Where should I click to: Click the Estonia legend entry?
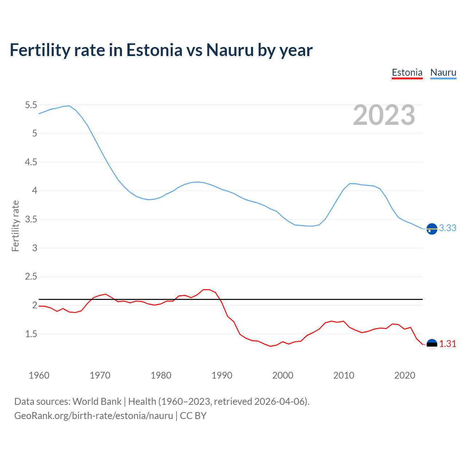pyautogui.click(x=407, y=72)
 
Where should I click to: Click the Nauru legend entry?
pyautogui.click(x=443, y=72)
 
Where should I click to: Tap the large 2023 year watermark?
pyautogui.click(x=384, y=115)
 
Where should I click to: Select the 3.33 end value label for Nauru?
pyautogui.click(x=447, y=228)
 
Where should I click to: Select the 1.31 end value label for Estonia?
pyautogui.click(x=447, y=344)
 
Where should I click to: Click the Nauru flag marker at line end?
pyautogui.click(x=432, y=229)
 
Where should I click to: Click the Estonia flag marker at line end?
pyautogui.click(x=432, y=344)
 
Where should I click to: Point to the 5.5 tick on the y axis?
pyautogui.click(x=31, y=105)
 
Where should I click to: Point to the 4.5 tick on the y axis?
pyautogui.click(x=31, y=162)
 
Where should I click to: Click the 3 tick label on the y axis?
pyautogui.click(x=35, y=248)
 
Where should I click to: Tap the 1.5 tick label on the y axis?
pyautogui.click(x=31, y=334)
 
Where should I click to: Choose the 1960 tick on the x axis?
pyautogui.click(x=39, y=375)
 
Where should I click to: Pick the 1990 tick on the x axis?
pyautogui.click(x=222, y=375)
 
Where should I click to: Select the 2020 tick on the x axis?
pyautogui.click(x=404, y=375)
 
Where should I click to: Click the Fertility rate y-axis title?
pyautogui.click(x=15, y=226)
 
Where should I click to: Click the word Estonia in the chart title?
pyautogui.click(x=154, y=50)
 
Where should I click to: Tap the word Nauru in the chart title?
pyautogui.click(x=230, y=50)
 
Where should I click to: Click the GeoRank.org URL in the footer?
pyautogui.click(x=94, y=415)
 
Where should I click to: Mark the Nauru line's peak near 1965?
pyautogui.click(x=69, y=106)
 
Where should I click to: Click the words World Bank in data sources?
pyautogui.click(x=97, y=401)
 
